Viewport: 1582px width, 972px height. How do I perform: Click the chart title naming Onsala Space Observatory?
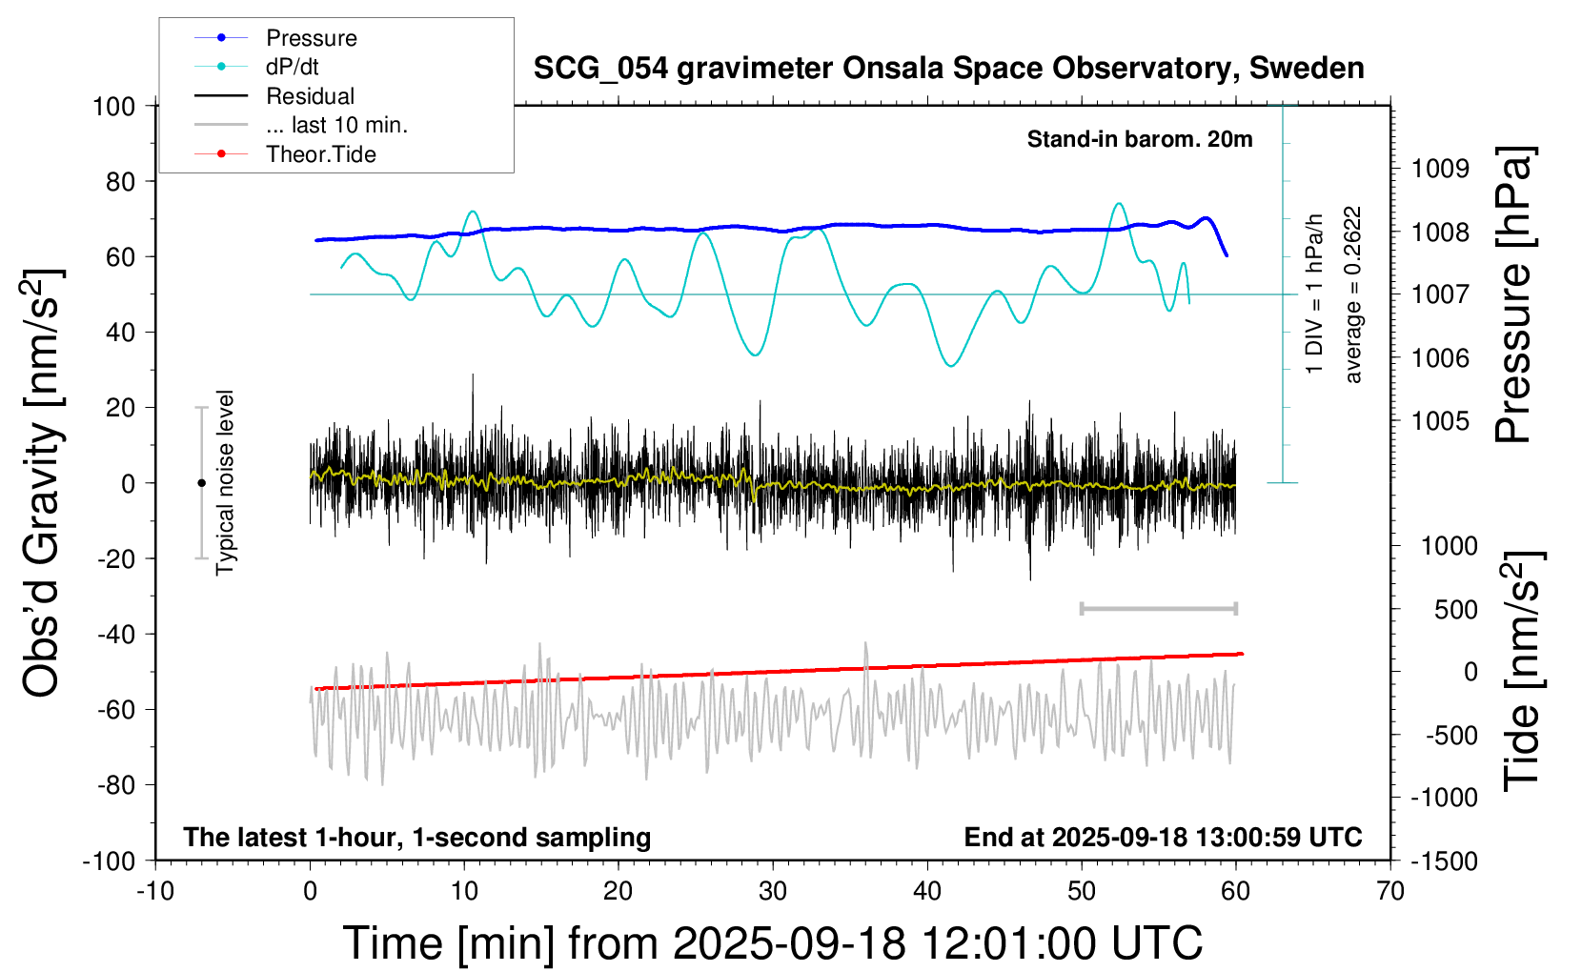pyautogui.click(x=948, y=69)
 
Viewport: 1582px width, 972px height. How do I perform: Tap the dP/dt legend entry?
pyautogui.click(x=292, y=67)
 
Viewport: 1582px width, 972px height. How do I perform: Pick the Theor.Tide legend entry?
pyautogui.click(x=320, y=154)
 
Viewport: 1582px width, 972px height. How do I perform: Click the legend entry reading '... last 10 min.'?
pyautogui.click(x=336, y=125)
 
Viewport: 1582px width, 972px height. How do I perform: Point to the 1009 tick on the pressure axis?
pyautogui.click(x=1440, y=169)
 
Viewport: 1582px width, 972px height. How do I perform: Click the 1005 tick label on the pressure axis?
pyautogui.click(x=1440, y=421)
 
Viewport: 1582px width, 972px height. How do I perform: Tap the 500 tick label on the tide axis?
pyautogui.click(x=1455, y=610)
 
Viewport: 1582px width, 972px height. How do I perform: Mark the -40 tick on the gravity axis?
pyautogui.click(x=114, y=634)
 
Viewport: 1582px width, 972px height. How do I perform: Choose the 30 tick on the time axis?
pyautogui.click(x=773, y=891)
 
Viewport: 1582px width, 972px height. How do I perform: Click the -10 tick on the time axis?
pyautogui.click(x=155, y=891)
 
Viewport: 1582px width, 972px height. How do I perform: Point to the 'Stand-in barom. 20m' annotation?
pyautogui.click(x=1140, y=139)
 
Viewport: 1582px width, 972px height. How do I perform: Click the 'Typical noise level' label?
pyautogui.click(x=225, y=482)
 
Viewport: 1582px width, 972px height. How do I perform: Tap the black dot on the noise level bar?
pyautogui.click(x=201, y=483)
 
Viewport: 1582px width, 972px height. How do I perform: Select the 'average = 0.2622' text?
pyautogui.click(x=1353, y=295)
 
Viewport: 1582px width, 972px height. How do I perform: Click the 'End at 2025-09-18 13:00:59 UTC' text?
pyautogui.click(x=1163, y=837)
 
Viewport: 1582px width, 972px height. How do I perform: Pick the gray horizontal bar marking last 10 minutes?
pyautogui.click(x=1158, y=608)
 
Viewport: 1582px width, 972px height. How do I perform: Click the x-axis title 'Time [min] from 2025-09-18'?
pyautogui.click(x=772, y=943)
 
